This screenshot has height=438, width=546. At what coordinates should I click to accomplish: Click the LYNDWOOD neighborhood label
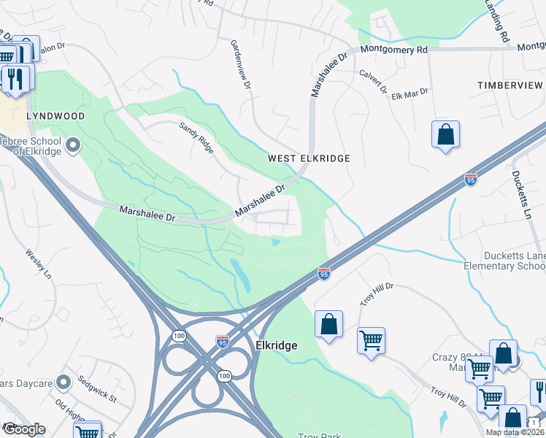(55, 116)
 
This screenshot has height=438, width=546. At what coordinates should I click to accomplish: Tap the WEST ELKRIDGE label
(309, 158)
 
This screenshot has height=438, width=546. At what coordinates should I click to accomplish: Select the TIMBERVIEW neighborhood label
(511, 85)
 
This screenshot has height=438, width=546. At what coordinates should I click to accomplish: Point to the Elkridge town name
(277, 345)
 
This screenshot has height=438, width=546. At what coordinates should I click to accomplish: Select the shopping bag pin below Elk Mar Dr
(445, 136)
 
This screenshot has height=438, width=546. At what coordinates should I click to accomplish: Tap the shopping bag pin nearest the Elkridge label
(328, 324)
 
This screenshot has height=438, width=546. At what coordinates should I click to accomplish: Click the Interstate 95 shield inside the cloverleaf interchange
(223, 341)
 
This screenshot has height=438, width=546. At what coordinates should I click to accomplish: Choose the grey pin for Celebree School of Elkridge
(72, 146)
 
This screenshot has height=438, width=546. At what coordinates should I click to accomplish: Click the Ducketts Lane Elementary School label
(514, 261)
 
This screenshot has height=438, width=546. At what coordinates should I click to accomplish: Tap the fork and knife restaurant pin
(15, 78)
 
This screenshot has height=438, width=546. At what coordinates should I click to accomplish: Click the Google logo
(23, 429)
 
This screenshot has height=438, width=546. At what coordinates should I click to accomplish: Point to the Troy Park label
(320, 436)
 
